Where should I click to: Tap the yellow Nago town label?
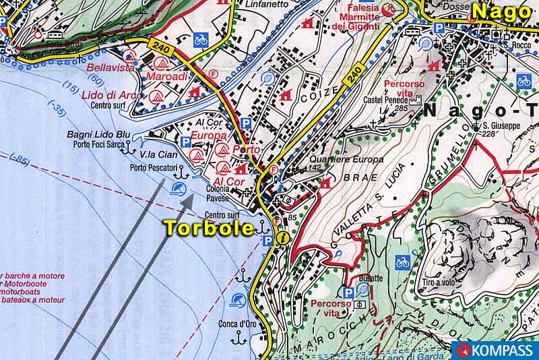click(501, 12)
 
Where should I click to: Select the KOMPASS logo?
click(495, 351)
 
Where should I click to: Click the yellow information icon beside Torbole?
click(284, 238)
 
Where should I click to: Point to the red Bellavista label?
click(108, 67)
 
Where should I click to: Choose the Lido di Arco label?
click(113, 95)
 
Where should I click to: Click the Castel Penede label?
click(387, 100)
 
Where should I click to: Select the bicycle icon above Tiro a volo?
click(402, 261)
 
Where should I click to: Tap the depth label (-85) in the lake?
click(20, 160)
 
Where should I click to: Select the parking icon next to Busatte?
click(348, 293)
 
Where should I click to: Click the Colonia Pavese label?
click(218, 194)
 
